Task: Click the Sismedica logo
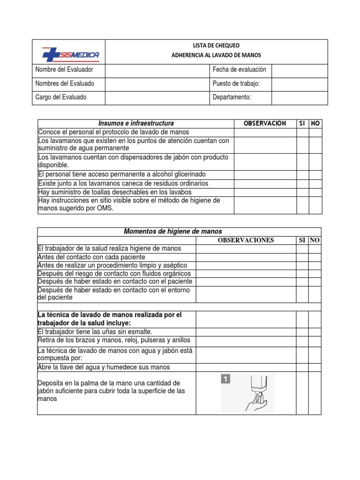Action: (70, 55)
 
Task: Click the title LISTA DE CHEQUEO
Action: (216, 45)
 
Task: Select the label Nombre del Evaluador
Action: (64, 69)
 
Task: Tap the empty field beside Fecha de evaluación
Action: (300, 70)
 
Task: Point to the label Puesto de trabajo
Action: (236, 83)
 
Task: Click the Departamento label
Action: (232, 97)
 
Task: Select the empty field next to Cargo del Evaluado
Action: (157, 97)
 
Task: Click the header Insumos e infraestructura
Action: (136, 123)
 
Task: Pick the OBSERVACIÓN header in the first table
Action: (265, 123)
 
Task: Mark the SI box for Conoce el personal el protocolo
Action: (302, 132)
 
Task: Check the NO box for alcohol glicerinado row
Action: (315, 174)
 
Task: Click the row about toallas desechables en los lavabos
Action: (115, 192)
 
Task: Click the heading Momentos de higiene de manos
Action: (173, 232)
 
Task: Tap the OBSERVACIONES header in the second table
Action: (246, 240)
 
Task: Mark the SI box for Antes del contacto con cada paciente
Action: (302, 257)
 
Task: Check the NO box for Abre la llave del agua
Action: (315, 367)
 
